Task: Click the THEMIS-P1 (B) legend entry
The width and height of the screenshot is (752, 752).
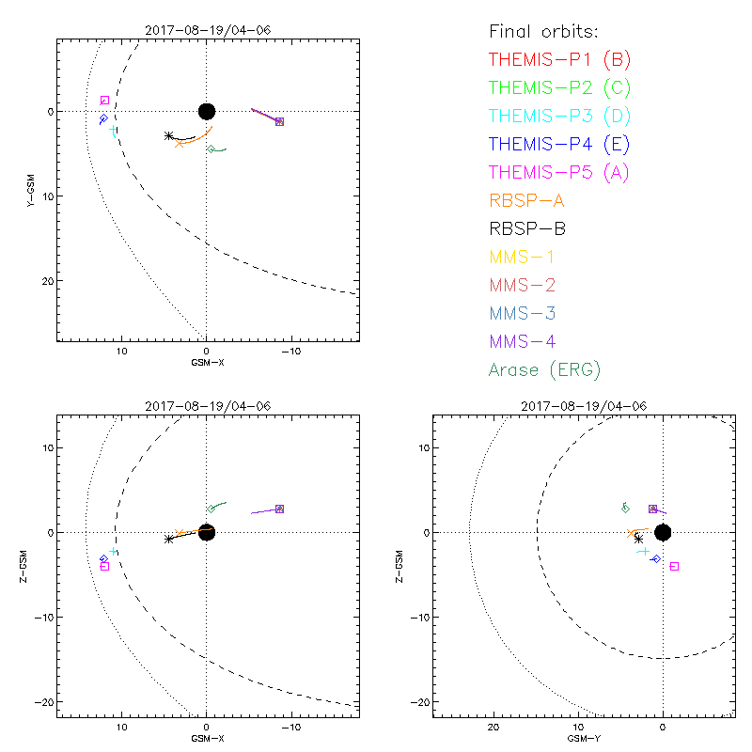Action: point(559,60)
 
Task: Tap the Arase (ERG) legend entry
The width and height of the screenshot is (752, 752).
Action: point(544,369)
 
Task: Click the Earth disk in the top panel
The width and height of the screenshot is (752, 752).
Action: point(207,111)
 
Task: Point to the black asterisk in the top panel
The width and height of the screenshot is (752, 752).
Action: point(168,136)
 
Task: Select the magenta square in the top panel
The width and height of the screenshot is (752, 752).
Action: point(104,100)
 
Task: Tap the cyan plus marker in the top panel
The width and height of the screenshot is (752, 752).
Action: point(113,130)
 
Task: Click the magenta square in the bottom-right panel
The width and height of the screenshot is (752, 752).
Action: point(674,566)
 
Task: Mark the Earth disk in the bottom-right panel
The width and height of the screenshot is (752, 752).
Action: point(663,532)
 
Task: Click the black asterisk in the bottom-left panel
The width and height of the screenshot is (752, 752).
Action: point(168,539)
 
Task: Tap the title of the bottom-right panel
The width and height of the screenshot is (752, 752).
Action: point(583,405)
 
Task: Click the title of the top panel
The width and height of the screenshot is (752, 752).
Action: point(207,29)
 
